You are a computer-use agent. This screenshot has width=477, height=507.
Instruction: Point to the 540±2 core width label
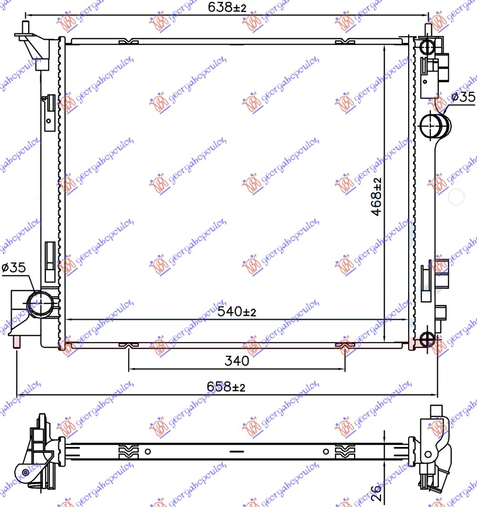[236, 312]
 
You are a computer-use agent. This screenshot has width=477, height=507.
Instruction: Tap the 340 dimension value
[236, 362]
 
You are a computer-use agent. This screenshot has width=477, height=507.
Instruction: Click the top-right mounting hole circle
[427, 47]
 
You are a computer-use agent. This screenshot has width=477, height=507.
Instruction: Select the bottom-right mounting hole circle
[427, 339]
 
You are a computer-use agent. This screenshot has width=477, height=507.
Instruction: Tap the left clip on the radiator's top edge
[128, 41]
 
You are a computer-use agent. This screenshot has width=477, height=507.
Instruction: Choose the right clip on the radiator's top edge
[344, 41]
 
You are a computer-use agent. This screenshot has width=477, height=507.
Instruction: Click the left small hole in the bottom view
[148, 452]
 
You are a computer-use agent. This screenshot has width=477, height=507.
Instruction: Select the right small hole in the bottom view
[325, 452]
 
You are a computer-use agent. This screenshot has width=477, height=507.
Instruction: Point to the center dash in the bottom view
[237, 452]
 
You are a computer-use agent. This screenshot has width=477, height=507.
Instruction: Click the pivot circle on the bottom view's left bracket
[25, 473]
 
